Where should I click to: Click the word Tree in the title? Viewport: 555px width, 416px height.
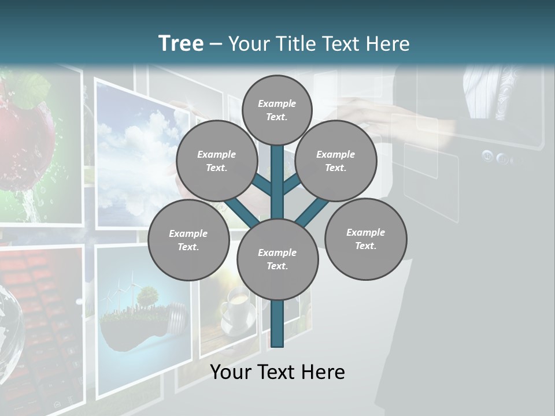coord(181,43)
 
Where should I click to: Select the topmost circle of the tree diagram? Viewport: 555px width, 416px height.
coord(277,110)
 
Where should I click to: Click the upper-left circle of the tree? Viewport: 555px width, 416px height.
coord(216,161)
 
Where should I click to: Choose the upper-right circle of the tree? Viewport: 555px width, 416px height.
coord(336,161)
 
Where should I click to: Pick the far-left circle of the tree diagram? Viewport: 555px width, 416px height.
coord(188,240)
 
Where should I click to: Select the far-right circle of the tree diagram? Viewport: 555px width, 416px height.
coord(365,239)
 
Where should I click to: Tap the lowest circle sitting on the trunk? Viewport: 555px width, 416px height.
coord(277,259)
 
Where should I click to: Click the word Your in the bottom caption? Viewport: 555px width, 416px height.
coord(231,372)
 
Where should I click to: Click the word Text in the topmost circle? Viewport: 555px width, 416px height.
coord(276,117)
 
